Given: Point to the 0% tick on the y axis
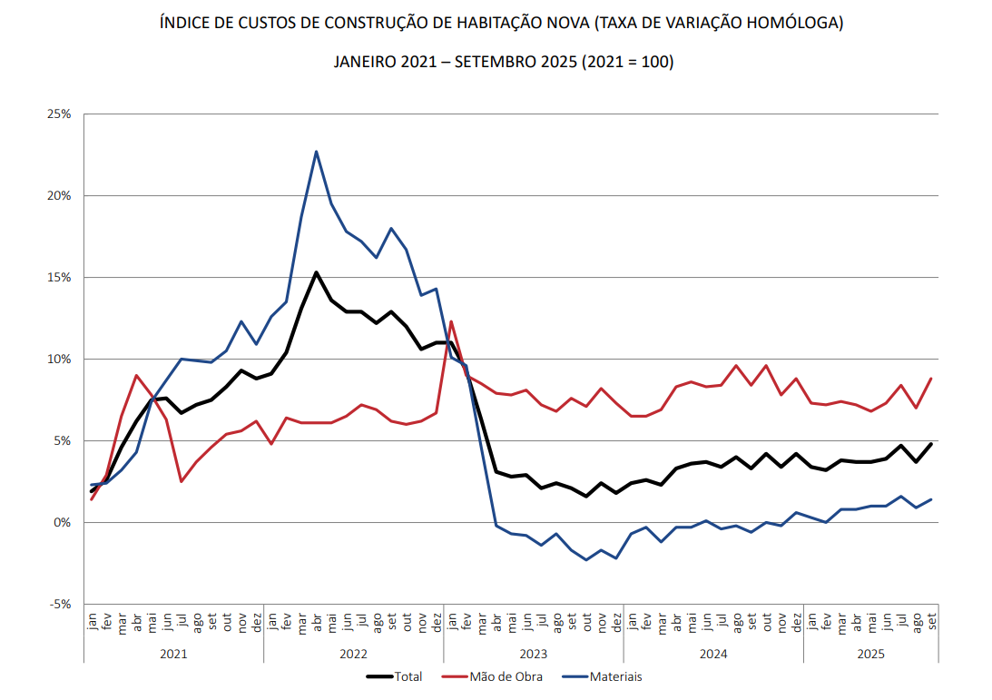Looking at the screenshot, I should pyautogui.click(x=62, y=523).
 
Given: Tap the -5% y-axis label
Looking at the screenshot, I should pyautogui.click(x=60, y=605).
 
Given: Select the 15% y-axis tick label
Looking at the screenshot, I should pyautogui.click(x=59, y=278).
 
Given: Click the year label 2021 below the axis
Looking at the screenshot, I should pyautogui.click(x=173, y=653).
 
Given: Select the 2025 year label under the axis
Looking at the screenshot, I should pyautogui.click(x=870, y=653).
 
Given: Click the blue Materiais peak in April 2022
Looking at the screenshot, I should pyautogui.click(x=316, y=152).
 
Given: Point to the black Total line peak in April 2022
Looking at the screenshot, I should pyautogui.click(x=316, y=272).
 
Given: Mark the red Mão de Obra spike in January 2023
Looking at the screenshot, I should pyautogui.click(x=451, y=321).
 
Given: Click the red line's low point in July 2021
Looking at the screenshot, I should pyautogui.click(x=182, y=481).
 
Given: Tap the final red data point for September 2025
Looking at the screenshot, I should pyautogui.click(x=931, y=379).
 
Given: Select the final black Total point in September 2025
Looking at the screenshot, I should pyautogui.click(x=931, y=444).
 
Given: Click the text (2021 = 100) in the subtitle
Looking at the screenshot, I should pyautogui.click(x=626, y=62).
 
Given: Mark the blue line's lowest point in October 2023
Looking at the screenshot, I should pyautogui.click(x=586, y=559).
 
